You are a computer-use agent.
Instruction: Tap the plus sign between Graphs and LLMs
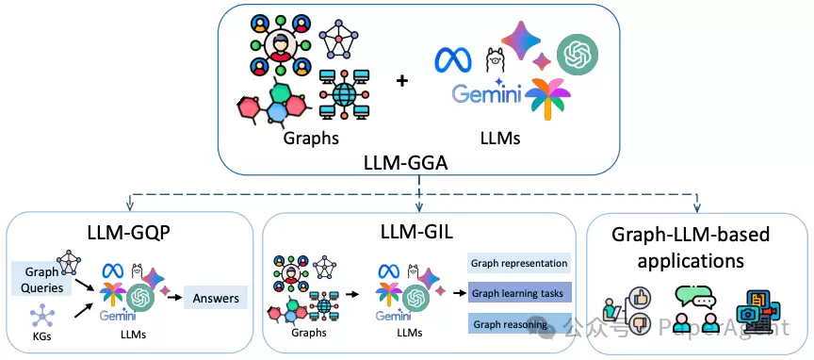401,81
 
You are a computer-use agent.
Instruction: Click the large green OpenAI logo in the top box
578,54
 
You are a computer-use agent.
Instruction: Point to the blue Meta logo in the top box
452,58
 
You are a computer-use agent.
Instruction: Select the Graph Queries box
41,279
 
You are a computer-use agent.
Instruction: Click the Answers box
216,298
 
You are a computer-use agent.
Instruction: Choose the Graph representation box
519,263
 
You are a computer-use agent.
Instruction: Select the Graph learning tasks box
519,293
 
